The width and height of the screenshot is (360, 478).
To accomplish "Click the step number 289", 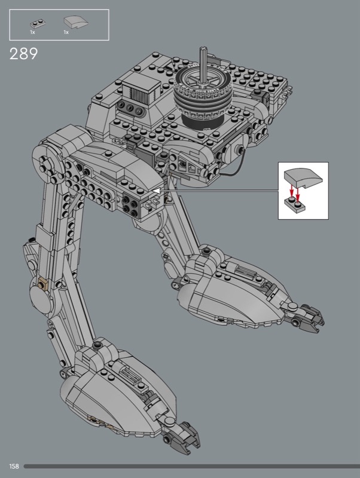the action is coord(23,54).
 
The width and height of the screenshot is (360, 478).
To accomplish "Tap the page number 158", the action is coord(14,466).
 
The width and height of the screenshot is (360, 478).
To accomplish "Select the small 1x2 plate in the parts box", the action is coord(38,24).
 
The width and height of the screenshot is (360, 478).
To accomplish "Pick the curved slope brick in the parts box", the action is coord(76,22).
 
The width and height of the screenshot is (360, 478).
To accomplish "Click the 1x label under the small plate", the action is coord(32,32).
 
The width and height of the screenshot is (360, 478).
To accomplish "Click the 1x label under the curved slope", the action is coord(66,32).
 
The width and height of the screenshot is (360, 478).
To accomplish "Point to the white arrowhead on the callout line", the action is coord(156,191).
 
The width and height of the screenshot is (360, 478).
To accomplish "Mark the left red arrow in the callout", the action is coord(291,192).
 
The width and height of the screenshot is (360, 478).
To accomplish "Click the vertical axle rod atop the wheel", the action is coord(203,65).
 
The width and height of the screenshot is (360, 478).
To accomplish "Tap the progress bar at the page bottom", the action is coord(191,467).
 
